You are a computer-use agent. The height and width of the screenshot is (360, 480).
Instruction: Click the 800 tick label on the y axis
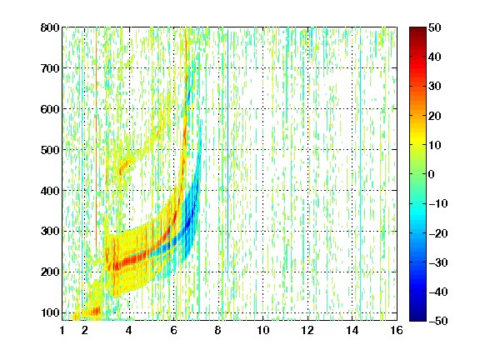tap(50, 27)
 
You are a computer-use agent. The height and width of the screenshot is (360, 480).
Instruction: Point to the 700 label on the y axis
tap(50, 68)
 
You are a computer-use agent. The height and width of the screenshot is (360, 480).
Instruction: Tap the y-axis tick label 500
tap(50, 150)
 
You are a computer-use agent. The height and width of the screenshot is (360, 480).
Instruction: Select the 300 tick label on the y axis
tap(50, 231)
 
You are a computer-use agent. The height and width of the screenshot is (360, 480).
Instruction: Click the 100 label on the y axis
tap(50, 312)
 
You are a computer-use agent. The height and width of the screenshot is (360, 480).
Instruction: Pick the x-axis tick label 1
tap(62, 330)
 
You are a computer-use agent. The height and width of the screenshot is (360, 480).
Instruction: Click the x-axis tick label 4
tap(129, 330)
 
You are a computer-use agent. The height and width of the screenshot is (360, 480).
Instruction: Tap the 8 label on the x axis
tap(217, 330)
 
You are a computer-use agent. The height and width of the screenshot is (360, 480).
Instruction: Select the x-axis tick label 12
tap(307, 330)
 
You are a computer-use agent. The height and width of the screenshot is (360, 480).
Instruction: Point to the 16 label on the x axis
tap(397, 330)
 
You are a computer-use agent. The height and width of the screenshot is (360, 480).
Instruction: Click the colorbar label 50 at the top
tap(434, 27)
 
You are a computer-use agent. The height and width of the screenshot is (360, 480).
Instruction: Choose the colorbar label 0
tap(432, 174)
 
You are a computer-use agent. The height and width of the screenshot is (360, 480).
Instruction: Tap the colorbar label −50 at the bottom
tap(438, 321)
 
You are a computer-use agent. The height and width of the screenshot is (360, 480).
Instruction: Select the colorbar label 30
tap(434, 86)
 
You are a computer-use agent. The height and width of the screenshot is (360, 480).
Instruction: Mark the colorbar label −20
tap(438, 233)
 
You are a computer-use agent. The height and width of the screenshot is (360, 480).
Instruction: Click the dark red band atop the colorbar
tap(417, 32)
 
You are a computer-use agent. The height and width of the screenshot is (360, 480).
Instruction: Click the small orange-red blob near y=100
tap(92, 312)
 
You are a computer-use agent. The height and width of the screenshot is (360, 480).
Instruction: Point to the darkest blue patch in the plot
tap(189, 221)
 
